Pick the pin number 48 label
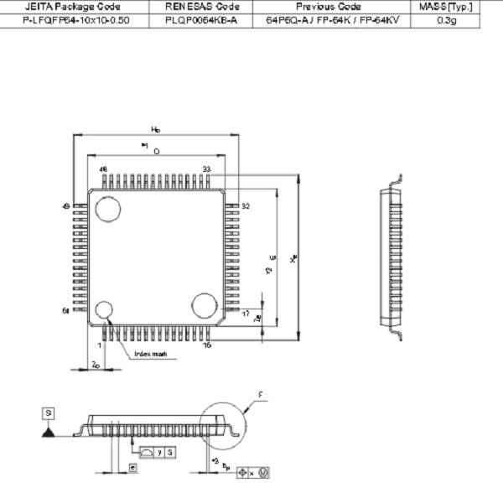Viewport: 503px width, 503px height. pyautogui.click(x=104, y=169)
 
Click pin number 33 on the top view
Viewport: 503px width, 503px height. pyautogui.click(x=206, y=169)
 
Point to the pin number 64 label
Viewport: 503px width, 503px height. pyautogui.click(x=65, y=311)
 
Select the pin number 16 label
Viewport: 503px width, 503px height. pyautogui.click(x=206, y=345)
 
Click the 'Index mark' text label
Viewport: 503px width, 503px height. pyautogui.click(x=152, y=355)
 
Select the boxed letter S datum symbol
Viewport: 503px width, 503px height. pyautogui.click(x=49, y=412)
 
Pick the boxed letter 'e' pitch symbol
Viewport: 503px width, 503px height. pyautogui.click(x=132, y=467)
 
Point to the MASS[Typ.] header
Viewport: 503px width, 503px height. pyautogui.click(x=447, y=6)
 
